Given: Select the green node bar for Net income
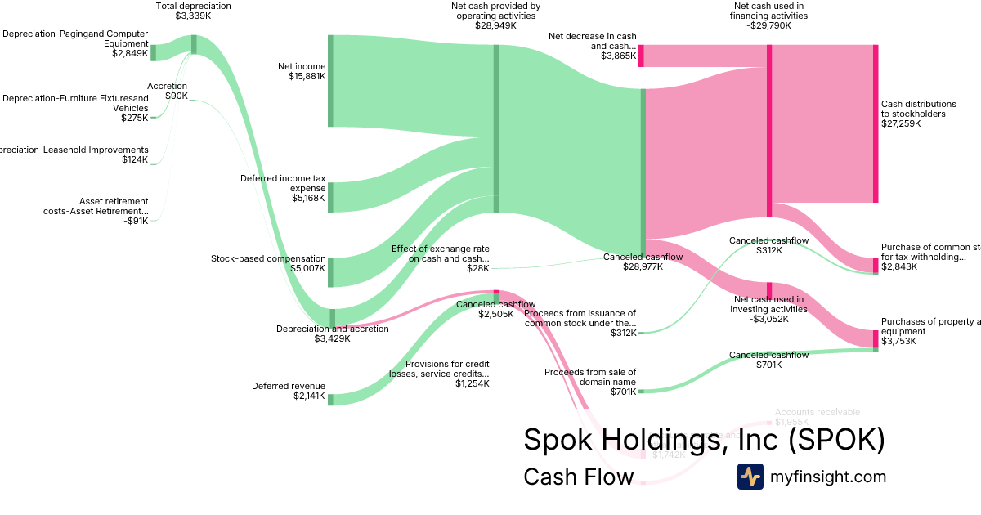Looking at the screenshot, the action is (x=330, y=81).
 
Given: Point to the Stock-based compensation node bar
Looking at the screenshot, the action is (x=330, y=272).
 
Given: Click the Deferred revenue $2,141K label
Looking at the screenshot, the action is (x=288, y=392).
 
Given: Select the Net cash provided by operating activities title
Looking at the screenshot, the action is (x=495, y=16).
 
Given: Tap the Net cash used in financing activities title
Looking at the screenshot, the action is (x=768, y=16).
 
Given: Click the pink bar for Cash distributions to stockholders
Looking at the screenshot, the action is (x=876, y=123).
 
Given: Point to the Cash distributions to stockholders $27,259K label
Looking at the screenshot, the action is (x=918, y=114).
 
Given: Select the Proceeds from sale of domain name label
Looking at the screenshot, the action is (x=590, y=382).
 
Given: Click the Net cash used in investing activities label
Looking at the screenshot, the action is (x=768, y=309).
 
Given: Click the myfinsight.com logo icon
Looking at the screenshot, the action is (x=750, y=477).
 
